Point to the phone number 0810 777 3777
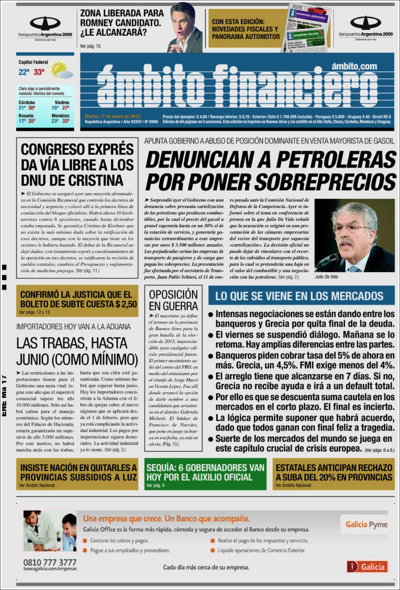(50, 562)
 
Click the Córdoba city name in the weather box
(27, 102)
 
